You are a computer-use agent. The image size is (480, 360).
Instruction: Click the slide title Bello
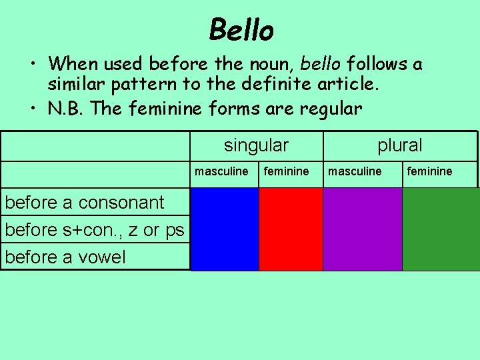pyautogui.click(x=241, y=30)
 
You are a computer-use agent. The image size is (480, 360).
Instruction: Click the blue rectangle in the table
pyautogui.click(x=225, y=229)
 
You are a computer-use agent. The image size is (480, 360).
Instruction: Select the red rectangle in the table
pyautogui.click(x=291, y=229)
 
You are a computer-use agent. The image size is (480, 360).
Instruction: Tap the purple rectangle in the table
pyautogui.click(x=362, y=229)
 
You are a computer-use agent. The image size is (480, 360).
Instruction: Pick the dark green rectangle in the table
pyautogui.click(x=440, y=229)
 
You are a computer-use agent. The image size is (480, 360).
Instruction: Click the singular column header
pyautogui.click(x=256, y=145)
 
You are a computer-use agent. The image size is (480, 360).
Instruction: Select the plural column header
pyautogui.click(x=400, y=145)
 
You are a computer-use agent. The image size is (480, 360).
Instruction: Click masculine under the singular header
pyautogui.click(x=221, y=171)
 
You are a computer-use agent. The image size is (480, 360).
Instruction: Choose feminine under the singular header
pyautogui.click(x=287, y=171)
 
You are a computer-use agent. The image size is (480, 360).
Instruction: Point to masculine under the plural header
pyautogui.click(x=355, y=171)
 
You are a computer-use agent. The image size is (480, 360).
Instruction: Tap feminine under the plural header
pyautogui.click(x=429, y=171)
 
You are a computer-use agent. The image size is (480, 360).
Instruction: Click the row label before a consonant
pyautogui.click(x=85, y=202)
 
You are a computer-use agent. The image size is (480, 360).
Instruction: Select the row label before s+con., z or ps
pyautogui.click(x=95, y=229)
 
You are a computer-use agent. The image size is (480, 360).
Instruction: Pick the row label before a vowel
pyautogui.click(x=65, y=257)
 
